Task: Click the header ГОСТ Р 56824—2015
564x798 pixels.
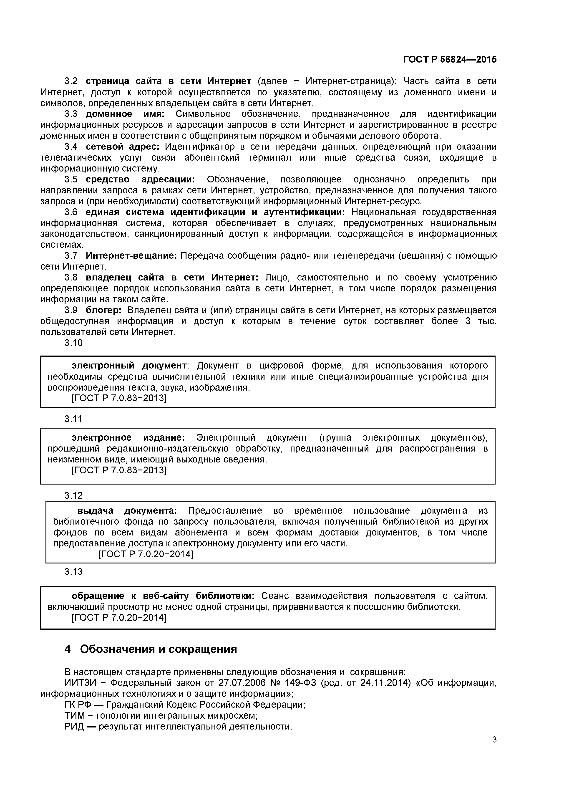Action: [x=450, y=59]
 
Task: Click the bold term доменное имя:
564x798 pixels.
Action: [x=125, y=114]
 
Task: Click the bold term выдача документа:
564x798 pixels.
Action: [x=127, y=510]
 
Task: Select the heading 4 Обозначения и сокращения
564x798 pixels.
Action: [x=151, y=649]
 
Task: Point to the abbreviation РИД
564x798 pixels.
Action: [x=74, y=726]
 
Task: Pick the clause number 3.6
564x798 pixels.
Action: [x=71, y=212]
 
